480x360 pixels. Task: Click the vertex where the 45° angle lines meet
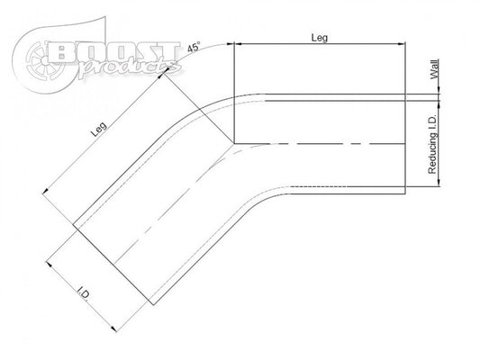coord(234,142)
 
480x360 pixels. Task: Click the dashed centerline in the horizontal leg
coord(324,143)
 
